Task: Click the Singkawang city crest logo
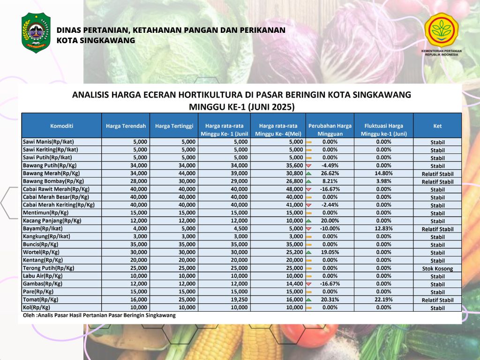click(x=36, y=33)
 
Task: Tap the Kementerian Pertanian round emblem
click(x=441, y=30)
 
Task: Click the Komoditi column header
click(x=62, y=126)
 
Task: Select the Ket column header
click(x=437, y=126)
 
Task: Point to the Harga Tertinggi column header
click(x=174, y=126)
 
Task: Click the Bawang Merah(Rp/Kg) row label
click(x=52, y=173)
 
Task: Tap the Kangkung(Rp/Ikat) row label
click(x=46, y=236)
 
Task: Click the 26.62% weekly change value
click(x=330, y=173)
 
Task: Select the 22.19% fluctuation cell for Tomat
click(x=383, y=300)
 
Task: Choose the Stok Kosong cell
click(x=437, y=269)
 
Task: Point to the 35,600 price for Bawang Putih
click(x=294, y=165)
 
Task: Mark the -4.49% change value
click(x=330, y=165)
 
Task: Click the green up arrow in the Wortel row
click(x=308, y=252)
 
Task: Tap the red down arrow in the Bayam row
click(x=308, y=229)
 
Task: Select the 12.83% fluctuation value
click(x=383, y=228)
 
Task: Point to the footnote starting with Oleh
click(x=99, y=315)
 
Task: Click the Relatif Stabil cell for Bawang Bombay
click(x=437, y=181)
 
